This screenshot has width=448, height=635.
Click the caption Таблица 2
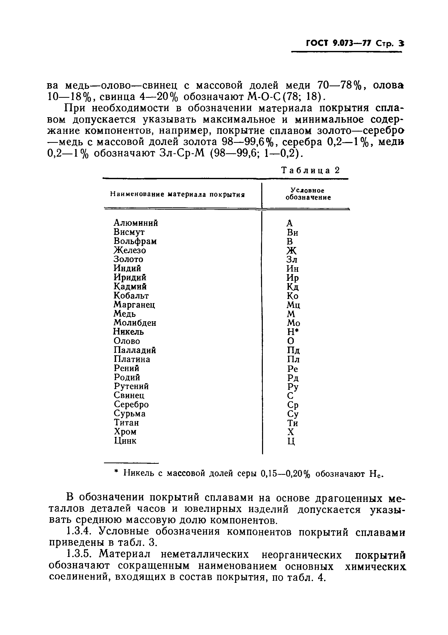[310, 170]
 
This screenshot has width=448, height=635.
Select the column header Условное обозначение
[308, 194]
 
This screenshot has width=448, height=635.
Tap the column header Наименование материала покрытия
[178, 194]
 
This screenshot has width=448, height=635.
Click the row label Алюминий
[136, 223]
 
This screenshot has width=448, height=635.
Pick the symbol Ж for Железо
[291, 251]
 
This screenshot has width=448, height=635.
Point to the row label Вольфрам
[135, 241]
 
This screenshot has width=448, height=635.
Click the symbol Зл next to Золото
[292, 260]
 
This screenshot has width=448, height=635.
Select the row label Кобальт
[131, 296]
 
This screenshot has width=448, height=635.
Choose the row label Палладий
[135, 350]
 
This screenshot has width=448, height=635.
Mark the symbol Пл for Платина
[293, 360]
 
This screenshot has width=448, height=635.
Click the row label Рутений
[131, 386]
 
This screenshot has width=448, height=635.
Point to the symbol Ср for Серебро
[293, 405]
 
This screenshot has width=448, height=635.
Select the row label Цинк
[125, 441]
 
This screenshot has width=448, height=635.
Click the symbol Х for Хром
[291, 432]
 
